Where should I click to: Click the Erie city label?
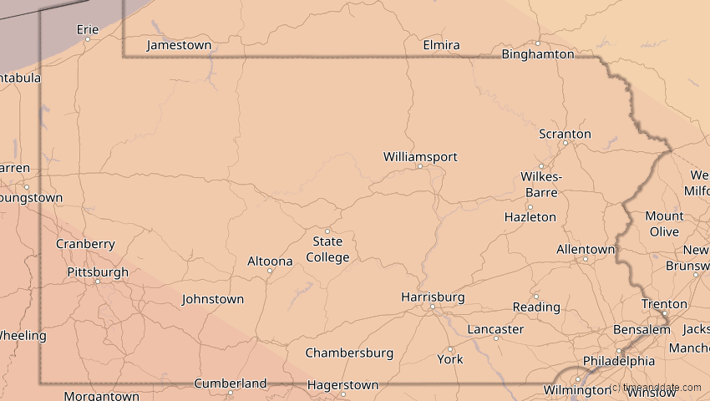click(88, 29)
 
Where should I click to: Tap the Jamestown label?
click(179, 45)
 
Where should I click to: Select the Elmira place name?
click(442, 45)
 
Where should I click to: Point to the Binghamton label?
click(538, 54)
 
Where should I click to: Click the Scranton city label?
click(565, 134)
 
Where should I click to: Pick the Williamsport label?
click(420, 156)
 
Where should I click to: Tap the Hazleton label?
click(530, 216)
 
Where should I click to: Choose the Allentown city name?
click(586, 249)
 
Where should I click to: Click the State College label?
click(327, 249)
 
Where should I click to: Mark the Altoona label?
click(270, 261)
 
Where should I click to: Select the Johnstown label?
click(213, 298)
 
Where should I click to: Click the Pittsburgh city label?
click(98, 272)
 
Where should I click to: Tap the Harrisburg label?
click(433, 297)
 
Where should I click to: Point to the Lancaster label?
click(495, 329)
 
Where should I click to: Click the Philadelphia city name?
click(619, 361)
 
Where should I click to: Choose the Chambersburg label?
click(349, 353)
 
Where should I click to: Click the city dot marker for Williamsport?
click(420, 166)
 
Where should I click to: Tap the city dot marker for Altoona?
click(270, 271)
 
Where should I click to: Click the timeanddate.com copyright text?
click(656, 388)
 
